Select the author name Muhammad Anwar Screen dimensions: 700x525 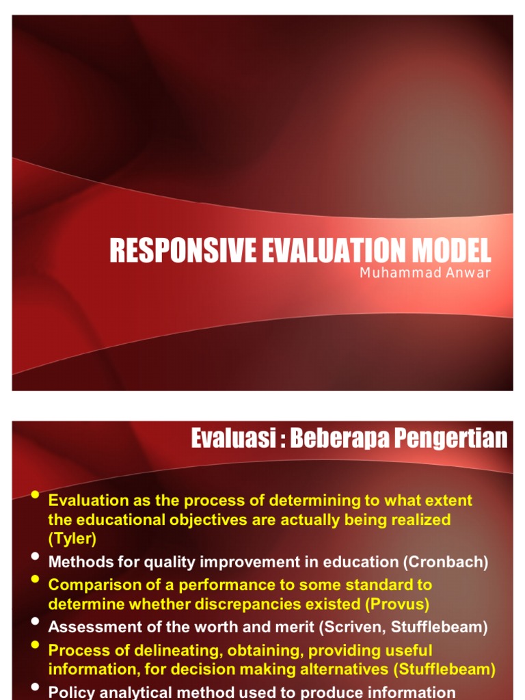pyautogui.click(x=425, y=273)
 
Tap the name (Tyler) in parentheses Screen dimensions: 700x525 pyautogui.click(x=72, y=539)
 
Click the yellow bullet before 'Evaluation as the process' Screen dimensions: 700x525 pyautogui.click(x=36, y=495)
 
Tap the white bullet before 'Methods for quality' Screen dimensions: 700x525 pyautogui.click(x=36, y=557)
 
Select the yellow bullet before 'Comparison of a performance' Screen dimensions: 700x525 pyautogui.click(x=36, y=580)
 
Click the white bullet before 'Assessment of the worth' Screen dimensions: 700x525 pyautogui.click(x=36, y=621)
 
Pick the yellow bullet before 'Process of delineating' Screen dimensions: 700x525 pyautogui.click(x=36, y=644)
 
